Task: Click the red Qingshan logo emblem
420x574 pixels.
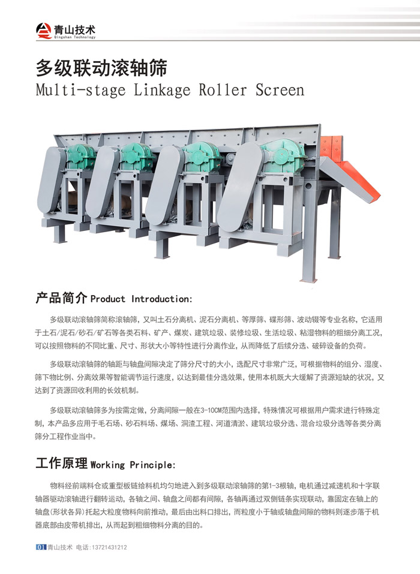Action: pos(44,31)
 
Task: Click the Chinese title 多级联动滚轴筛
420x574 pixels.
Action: pos(101,68)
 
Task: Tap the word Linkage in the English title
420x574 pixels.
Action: pos(161,90)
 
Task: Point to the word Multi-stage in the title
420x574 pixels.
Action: pos(80,90)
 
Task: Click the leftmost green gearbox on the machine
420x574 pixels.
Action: pos(80,157)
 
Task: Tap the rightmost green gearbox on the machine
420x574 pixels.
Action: pos(284,155)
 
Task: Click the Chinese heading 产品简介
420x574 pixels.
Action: pos(61,298)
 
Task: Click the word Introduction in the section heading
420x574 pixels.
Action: pos(161,299)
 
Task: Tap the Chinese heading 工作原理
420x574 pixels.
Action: pos(61,464)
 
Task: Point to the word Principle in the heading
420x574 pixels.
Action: pos(152,465)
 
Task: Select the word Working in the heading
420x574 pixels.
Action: pos(107,465)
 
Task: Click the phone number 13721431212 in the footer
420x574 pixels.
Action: pos(109,548)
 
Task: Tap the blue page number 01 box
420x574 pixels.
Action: pos(41,547)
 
